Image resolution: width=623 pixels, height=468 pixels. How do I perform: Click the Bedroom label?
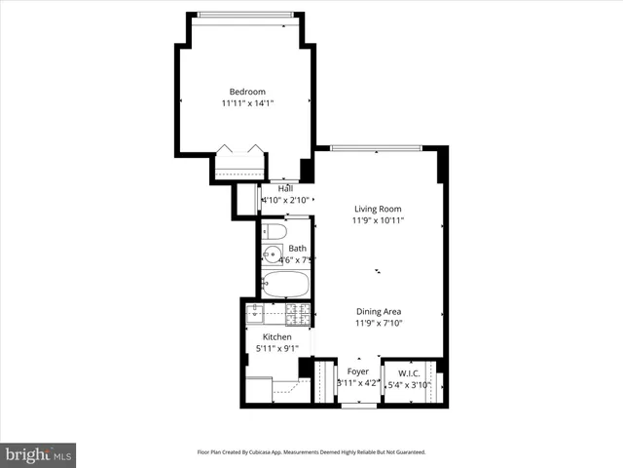tap(247, 92)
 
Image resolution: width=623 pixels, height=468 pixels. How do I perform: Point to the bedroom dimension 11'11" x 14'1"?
tap(247, 103)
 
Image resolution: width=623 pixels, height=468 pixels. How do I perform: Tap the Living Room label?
tap(378, 209)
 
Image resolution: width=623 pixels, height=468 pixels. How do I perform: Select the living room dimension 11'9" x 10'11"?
tap(378, 220)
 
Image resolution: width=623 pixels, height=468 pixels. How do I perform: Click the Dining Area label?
tap(378, 312)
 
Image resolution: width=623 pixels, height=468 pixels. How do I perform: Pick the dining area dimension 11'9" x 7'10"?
tap(378, 324)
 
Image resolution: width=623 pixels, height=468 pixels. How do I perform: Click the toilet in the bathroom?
tap(275, 232)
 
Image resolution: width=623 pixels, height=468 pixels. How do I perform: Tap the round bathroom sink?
tap(269, 258)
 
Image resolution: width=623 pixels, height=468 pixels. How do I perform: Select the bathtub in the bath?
tap(285, 286)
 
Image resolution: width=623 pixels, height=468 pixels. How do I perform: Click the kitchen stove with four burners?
tap(297, 314)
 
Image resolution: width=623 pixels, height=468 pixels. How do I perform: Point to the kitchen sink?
tap(255, 314)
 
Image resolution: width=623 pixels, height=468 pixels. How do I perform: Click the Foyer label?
tap(358, 371)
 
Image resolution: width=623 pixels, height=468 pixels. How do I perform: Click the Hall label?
tap(285, 188)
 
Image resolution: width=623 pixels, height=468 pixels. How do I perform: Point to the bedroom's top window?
tap(243, 14)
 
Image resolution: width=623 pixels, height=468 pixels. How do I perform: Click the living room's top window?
tap(376, 147)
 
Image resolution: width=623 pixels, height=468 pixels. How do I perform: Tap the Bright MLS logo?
tap(39, 454)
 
